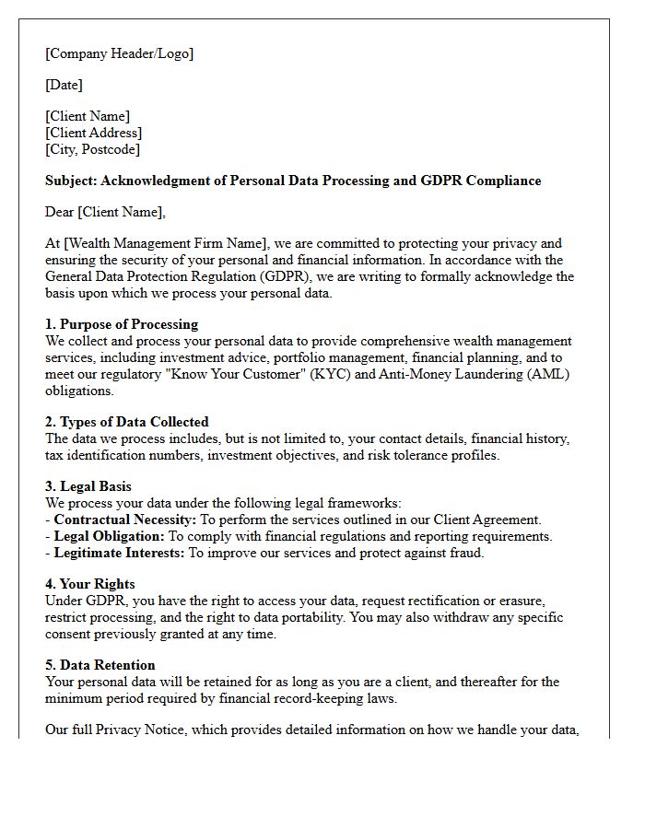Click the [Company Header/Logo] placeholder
(120, 53)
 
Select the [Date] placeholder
(64, 85)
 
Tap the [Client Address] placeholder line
(93, 133)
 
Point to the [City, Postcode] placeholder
(92, 149)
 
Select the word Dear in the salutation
(60, 212)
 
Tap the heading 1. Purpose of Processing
(122, 325)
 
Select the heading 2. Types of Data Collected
(127, 422)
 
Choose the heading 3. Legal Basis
(89, 486)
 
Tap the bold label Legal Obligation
(109, 536)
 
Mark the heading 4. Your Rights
(90, 584)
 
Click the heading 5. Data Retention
(100, 665)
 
